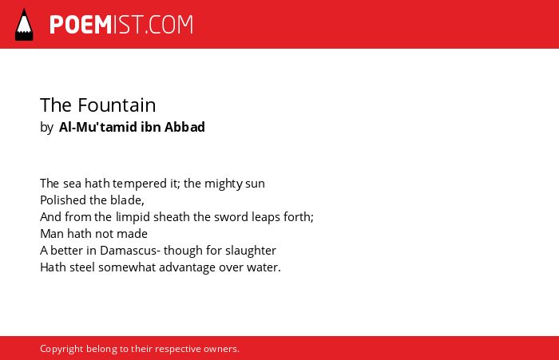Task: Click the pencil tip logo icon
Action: point(24,24)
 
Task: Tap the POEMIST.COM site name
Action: point(121,25)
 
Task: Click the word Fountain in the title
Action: point(117,105)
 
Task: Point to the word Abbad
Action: point(184,127)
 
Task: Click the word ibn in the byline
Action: point(150,127)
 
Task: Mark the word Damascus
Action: point(128,251)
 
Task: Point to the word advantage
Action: point(187,267)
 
